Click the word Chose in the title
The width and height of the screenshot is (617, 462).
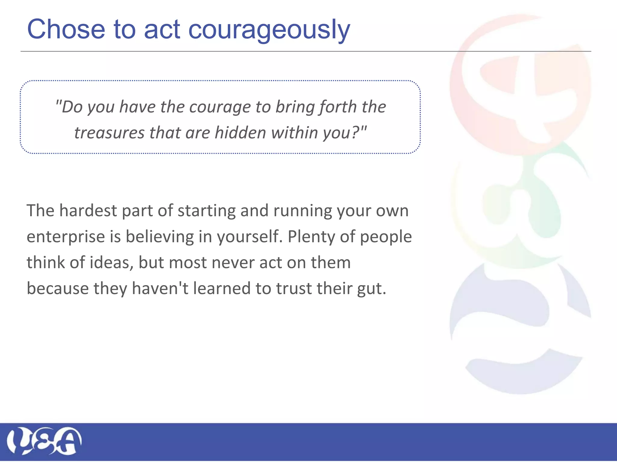point(66,29)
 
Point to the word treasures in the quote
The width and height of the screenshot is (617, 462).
point(109,133)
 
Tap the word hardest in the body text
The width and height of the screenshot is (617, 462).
point(88,210)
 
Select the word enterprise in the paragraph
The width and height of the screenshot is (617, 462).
point(65,237)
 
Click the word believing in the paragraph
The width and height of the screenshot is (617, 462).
point(160,237)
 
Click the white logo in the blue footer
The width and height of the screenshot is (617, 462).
point(44,441)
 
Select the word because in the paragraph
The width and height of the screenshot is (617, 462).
point(58,288)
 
